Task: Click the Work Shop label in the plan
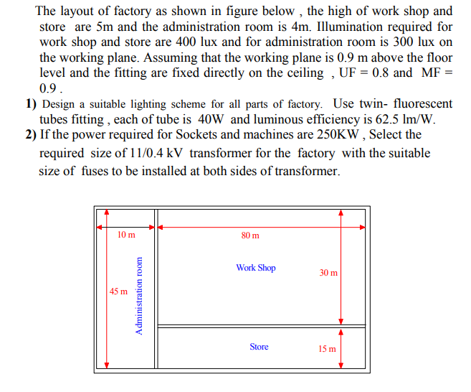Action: point(255,268)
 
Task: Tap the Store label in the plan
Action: point(259,347)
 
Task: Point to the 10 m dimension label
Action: point(125,235)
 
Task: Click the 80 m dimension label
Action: point(251,235)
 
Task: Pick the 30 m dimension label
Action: point(328,273)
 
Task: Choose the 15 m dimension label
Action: point(328,349)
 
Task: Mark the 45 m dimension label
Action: point(119,291)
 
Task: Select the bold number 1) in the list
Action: point(31,104)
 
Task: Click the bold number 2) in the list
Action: point(31,134)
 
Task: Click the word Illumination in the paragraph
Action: point(343,27)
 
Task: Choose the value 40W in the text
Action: point(212,119)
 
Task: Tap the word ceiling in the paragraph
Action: point(304,73)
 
